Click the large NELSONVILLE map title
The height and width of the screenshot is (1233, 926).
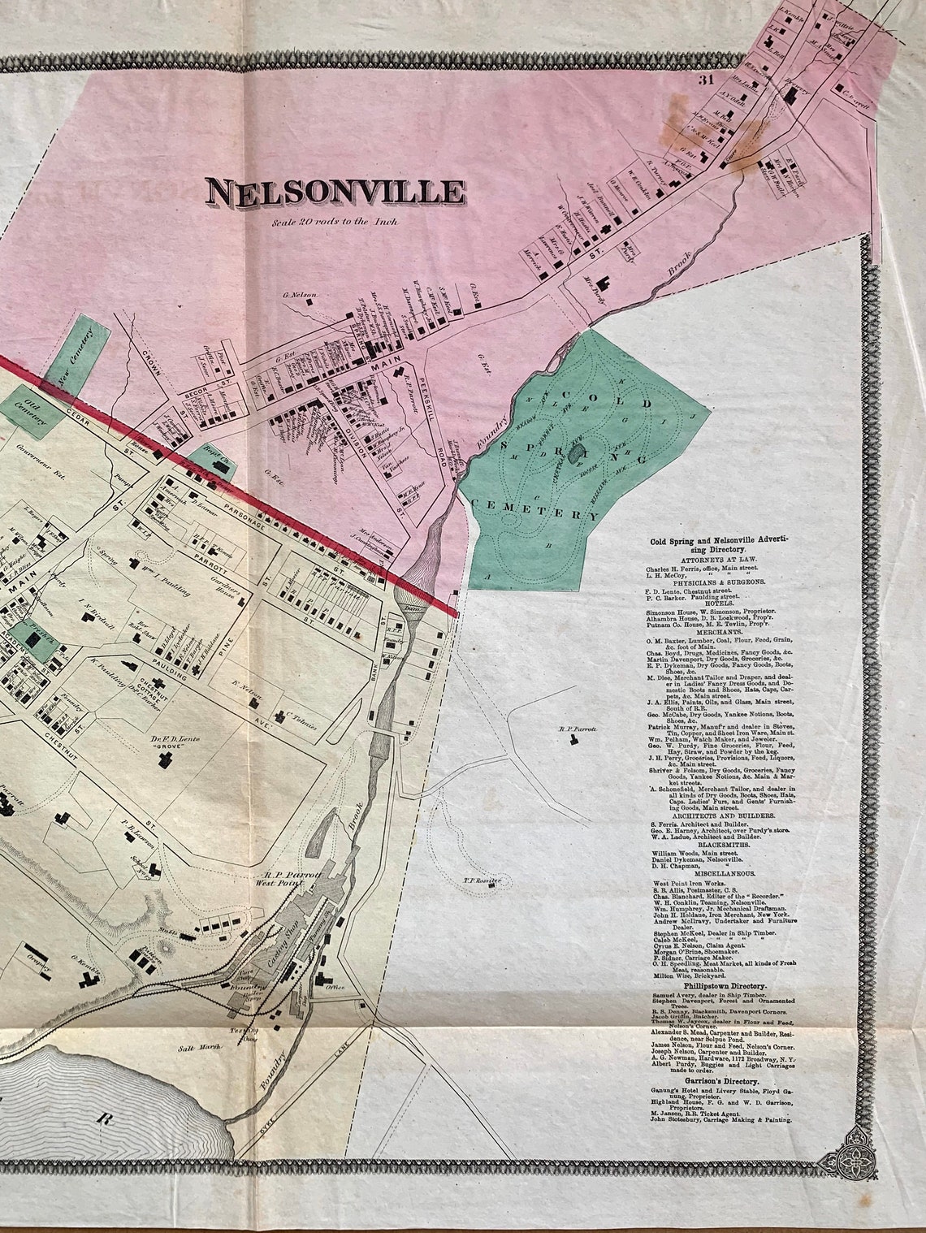335,192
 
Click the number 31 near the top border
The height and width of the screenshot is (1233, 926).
703,79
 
